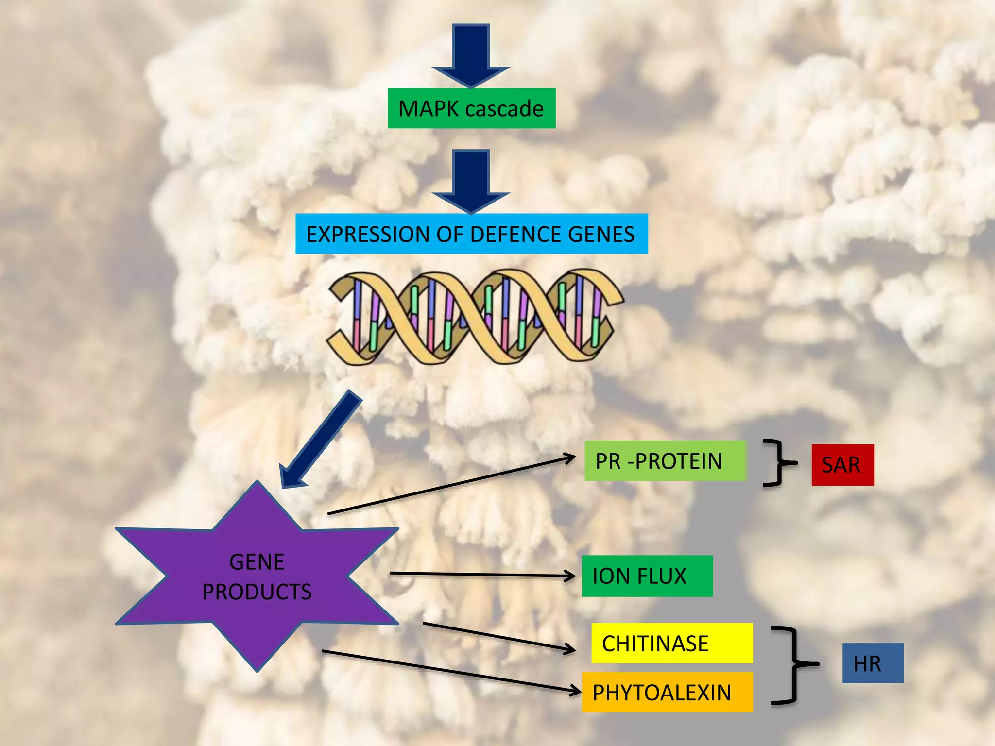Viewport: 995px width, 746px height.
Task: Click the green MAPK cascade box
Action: [471, 108]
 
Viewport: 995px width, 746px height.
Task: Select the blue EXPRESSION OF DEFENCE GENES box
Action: [471, 234]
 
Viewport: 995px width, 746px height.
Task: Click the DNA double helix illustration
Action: [474, 317]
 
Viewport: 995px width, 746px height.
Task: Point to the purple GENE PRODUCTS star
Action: [257, 576]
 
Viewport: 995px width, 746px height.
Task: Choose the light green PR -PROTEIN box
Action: [665, 461]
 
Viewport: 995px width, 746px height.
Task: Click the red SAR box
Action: [842, 465]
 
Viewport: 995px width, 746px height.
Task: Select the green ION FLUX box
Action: [647, 576]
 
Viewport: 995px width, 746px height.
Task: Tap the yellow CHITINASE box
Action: [671, 643]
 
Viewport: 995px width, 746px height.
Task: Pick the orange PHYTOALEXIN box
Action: [667, 692]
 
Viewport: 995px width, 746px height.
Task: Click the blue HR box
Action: [873, 663]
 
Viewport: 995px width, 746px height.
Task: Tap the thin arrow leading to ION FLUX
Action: [481, 575]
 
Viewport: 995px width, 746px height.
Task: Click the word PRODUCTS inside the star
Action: [257, 592]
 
